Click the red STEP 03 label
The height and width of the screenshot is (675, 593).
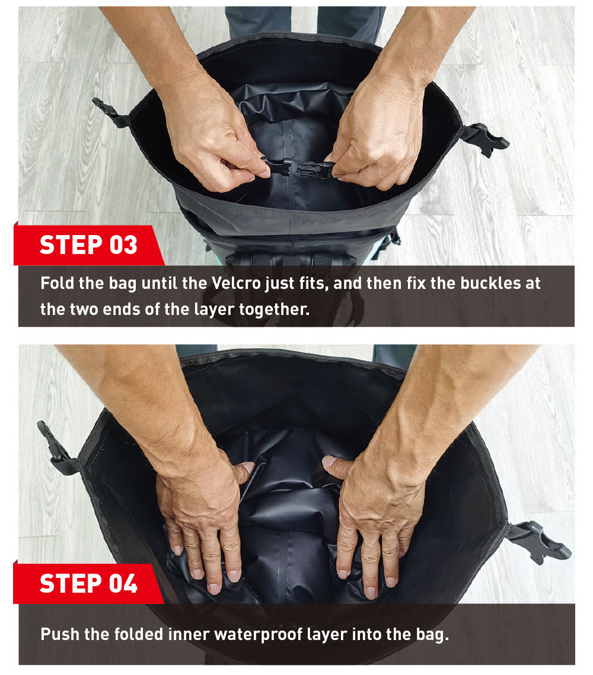pos(88,245)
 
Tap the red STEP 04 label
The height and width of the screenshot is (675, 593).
pos(88,583)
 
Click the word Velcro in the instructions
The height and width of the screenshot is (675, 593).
pos(237,283)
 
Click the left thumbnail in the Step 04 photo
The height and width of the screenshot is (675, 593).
pos(247,467)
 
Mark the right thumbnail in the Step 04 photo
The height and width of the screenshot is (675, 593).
pos(329,461)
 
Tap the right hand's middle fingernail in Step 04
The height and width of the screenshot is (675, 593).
pos(371,592)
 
